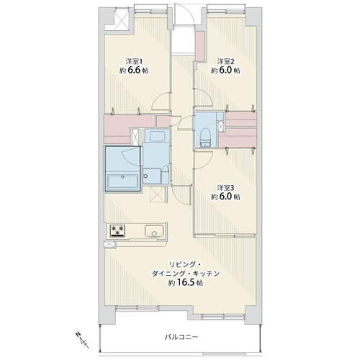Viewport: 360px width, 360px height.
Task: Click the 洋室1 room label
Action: pos(134,62)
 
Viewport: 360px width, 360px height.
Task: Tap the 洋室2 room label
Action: pos(225,62)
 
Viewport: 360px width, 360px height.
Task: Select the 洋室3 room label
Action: pos(225,188)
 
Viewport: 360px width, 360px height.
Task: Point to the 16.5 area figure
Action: pos(186,282)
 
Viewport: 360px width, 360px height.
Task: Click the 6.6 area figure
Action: pos(134,71)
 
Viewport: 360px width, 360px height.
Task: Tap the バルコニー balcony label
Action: pos(181,337)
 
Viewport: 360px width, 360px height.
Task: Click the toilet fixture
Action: pos(205,138)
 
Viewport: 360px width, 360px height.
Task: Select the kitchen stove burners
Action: pos(117,230)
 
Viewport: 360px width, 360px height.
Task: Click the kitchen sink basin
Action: pos(154,230)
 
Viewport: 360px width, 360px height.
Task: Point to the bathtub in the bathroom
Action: pos(122,181)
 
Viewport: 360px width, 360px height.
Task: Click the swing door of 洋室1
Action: pos(161,102)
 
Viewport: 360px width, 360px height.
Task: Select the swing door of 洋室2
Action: pos(203,97)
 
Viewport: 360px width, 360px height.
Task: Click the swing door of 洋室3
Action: pos(203,160)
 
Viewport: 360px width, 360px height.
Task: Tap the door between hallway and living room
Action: pos(181,195)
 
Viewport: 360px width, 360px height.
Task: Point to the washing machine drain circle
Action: pos(145,176)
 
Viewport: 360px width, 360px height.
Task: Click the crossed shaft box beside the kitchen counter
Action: pos(109,244)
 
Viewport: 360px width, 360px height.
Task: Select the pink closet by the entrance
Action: pos(200,46)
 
